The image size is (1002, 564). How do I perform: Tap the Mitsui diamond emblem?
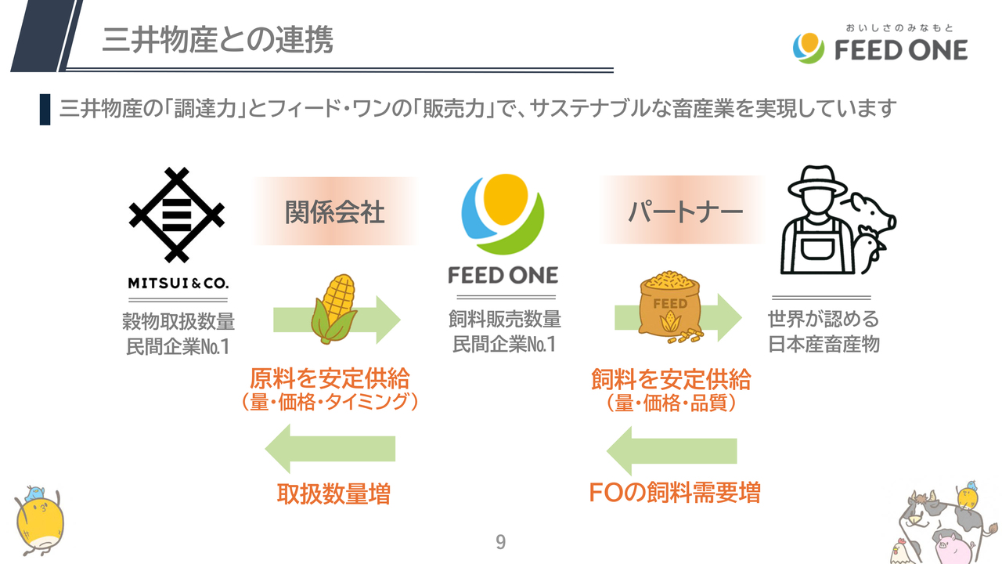pyautogui.click(x=177, y=214)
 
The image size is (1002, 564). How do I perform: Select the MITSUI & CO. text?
pyautogui.click(x=178, y=282)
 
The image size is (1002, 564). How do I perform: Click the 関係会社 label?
pyautogui.click(x=334, y=212)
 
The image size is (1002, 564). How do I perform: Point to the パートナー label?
pyautogui.click(x=686, y=212)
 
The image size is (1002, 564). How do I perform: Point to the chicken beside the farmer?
pyautogui.click(x=871, y=248)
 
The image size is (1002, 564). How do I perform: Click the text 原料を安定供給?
pyautogui.click(x=330, y=379)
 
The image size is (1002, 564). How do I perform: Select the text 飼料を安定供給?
pyautogui.click(x=671, y=379)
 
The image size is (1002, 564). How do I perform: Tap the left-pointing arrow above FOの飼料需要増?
pyautogui.click(x=672, y=450)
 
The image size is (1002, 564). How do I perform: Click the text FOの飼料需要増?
pyautogui.click(x=674, y=493)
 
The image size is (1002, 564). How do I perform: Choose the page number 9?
pyautogui.click(x=501, y=542)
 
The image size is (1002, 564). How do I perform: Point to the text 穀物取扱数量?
pyautogui.click(x=178, y=321)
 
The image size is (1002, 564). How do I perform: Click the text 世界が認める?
pyautogui.click(x=824, y=320)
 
